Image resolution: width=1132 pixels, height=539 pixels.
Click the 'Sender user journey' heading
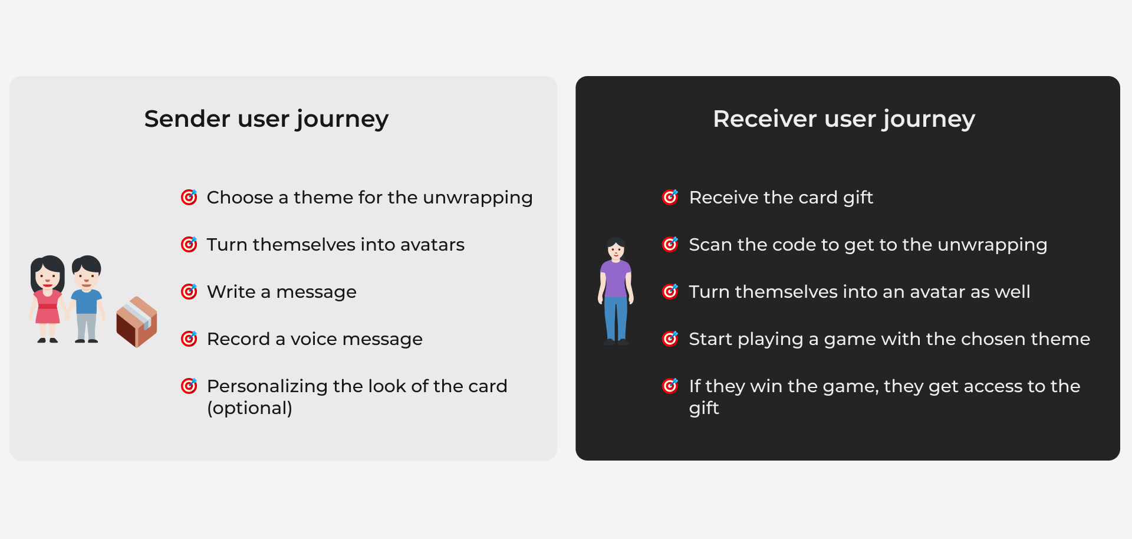pyautogui.click(x=266, y=119)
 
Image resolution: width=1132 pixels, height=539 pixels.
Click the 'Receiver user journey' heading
pyautogui.click(x=844, y=119)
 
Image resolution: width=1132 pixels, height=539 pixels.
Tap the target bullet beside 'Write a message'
pyautogui.click(x=189, y=291)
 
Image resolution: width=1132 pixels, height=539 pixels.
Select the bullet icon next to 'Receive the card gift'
pyautogui.click(x=670, y=197)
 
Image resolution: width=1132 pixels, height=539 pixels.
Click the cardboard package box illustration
pyautogui.click(x=137, y=322)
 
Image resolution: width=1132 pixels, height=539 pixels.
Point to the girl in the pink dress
pyautogui.click(x=48, y=298)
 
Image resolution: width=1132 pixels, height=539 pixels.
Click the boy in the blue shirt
pyautogui.click(x=87, y=298)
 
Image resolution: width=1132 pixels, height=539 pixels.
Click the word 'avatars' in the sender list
pyautogui.click(x=432, y=244)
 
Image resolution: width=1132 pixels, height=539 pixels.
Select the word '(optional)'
pyautogui.click(x=249, y=408)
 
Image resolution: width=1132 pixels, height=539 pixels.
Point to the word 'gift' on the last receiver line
pyautogui.click(x=704, y=408)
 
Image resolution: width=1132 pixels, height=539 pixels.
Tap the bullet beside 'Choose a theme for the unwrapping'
pyautogui.click(x=189, y=197)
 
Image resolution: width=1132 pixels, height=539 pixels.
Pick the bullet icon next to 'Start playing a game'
pyautogui.click(x=670, y=338)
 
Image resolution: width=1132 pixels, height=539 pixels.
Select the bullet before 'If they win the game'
pyautogui.click(x=670, y=386)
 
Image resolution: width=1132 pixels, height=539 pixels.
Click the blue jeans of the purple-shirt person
pyautogui.click(x=616, y=319)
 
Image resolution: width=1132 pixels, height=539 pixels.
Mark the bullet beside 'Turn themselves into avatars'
pyautogui.click(x=189, y=244)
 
